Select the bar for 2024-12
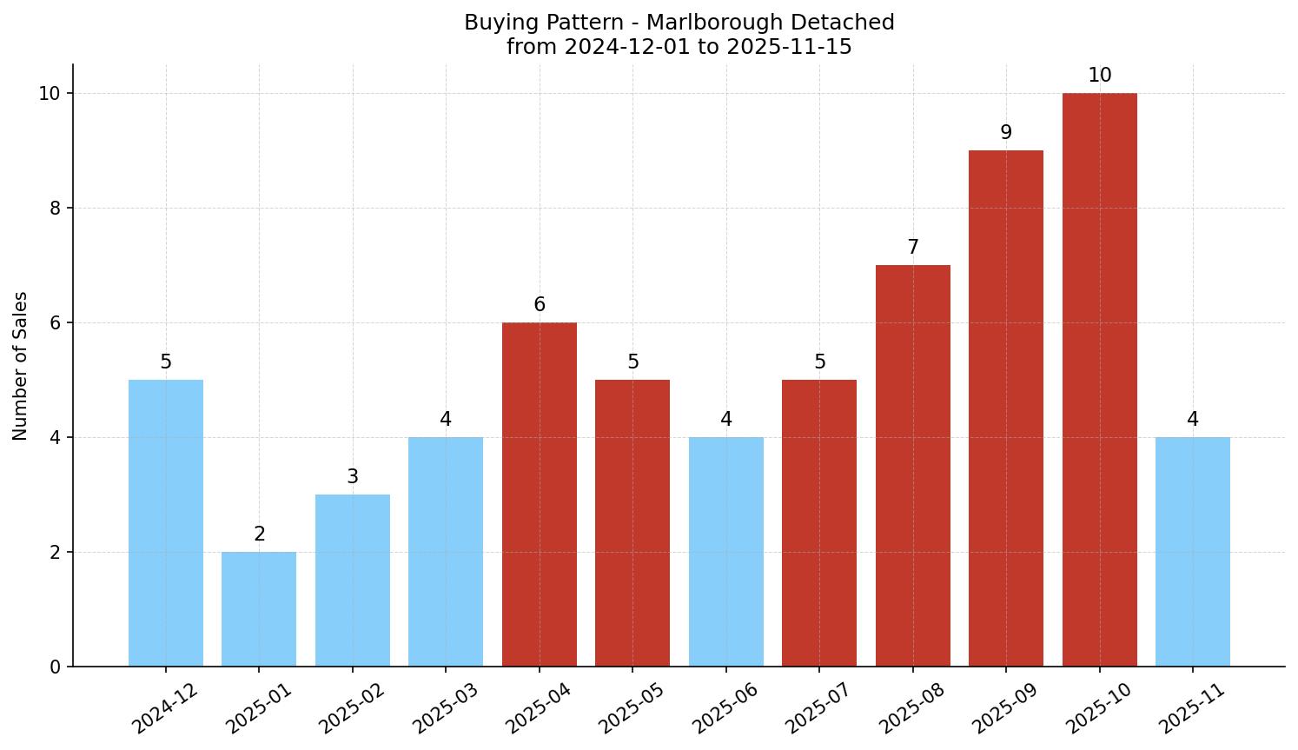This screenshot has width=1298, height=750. pos(166,522)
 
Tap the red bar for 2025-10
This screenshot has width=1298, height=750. pos(1099,379)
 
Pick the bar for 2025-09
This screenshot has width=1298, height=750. pos(1006,408)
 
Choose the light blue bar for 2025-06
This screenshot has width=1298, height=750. pos(725,551)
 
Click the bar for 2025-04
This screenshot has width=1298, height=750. pos(540,494)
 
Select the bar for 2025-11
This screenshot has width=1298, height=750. pos(1193,551)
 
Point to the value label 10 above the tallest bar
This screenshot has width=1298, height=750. pos(1099,76)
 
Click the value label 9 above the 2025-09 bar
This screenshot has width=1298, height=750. pos(1006,133)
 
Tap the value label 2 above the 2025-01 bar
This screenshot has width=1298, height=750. pos(259,534)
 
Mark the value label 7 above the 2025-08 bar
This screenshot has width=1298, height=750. pos(912,248)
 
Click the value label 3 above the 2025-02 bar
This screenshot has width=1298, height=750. pos(352,477)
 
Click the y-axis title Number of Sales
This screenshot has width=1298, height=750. pos(21,366)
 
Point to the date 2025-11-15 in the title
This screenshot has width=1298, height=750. pos(789,47)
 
